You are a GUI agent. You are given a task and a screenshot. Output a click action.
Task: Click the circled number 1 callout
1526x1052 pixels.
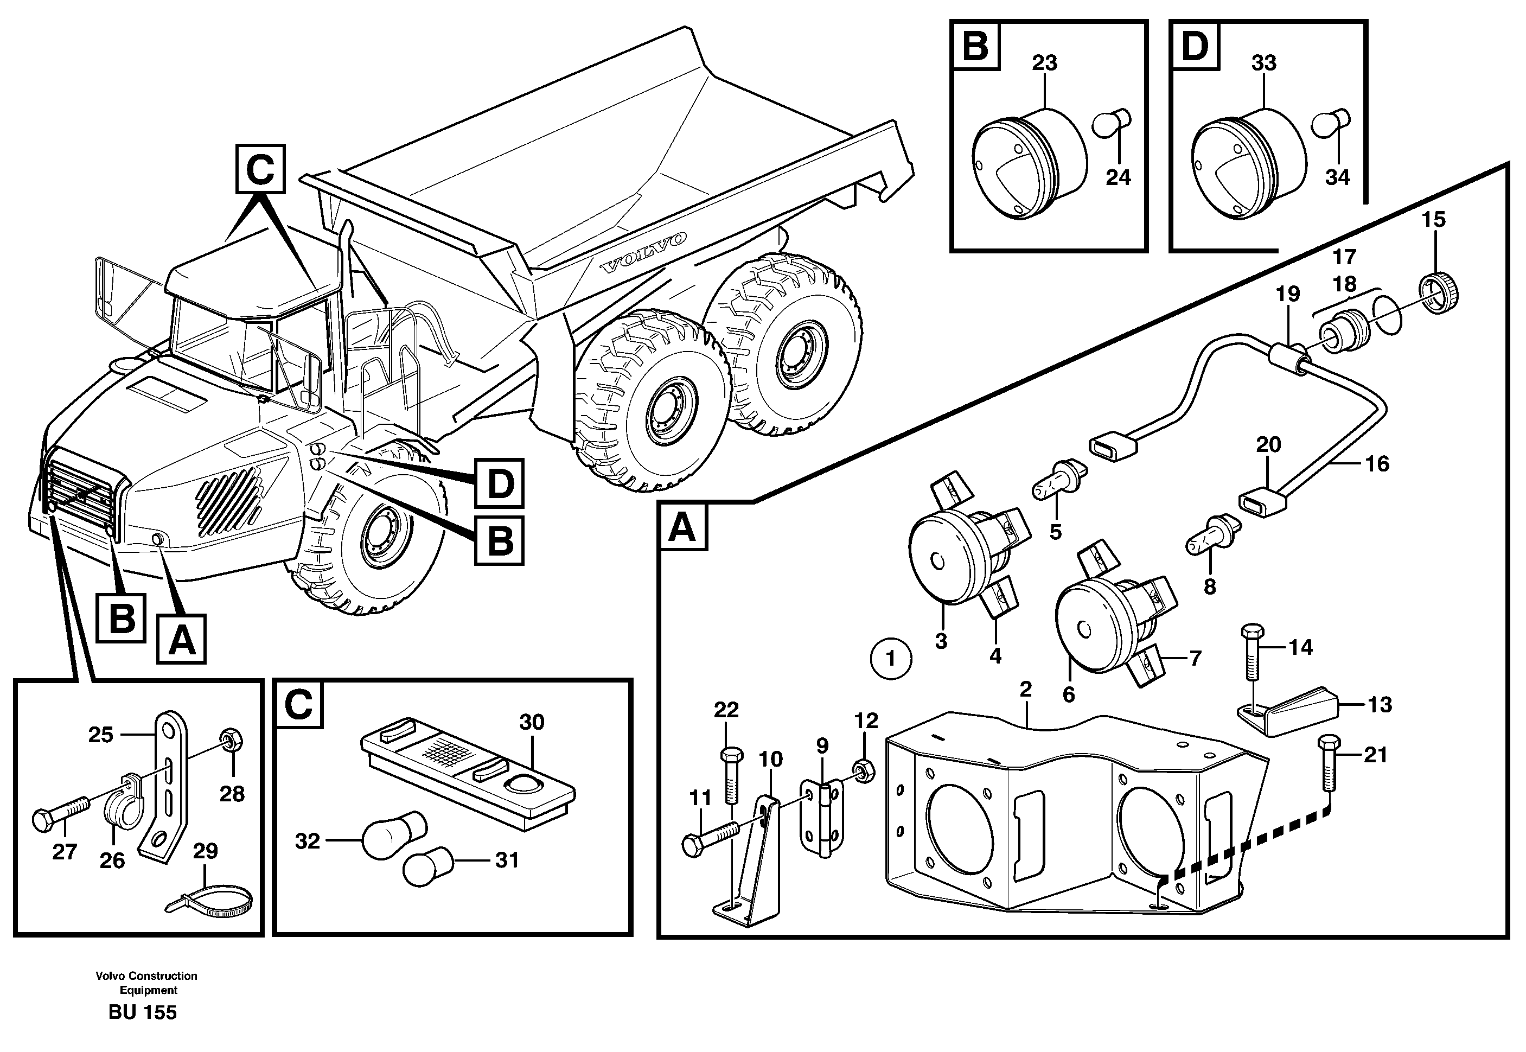(x=891, y=658)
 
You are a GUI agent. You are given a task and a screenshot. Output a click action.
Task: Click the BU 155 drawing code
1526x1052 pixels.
(x=142, y=1012)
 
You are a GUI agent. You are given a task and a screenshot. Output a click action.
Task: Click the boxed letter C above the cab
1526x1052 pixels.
(x=260, y=169)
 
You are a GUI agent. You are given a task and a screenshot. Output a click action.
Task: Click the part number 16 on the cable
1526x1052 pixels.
(x=1376, y=463)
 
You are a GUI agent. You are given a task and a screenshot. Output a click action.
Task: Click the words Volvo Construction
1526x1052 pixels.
(x=146, y=976)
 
